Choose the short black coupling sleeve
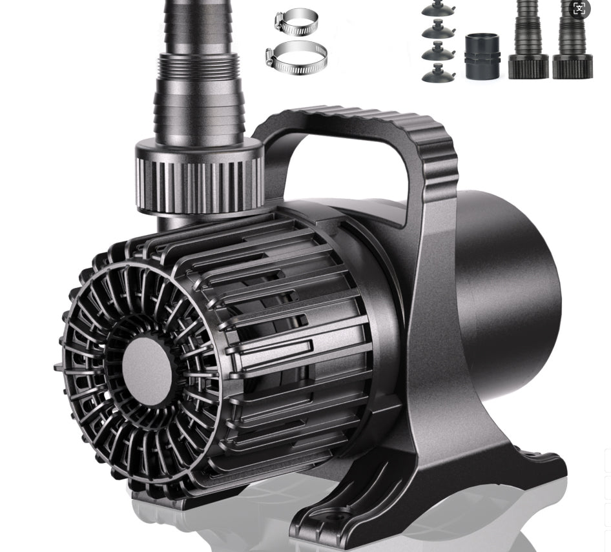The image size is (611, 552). coord(482,56)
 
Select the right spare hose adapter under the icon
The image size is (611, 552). coord(572,45)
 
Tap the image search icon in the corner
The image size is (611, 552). coord(579,9)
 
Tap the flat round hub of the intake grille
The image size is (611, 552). coord(147,371)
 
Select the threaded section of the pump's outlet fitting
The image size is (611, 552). coord(199,68)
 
